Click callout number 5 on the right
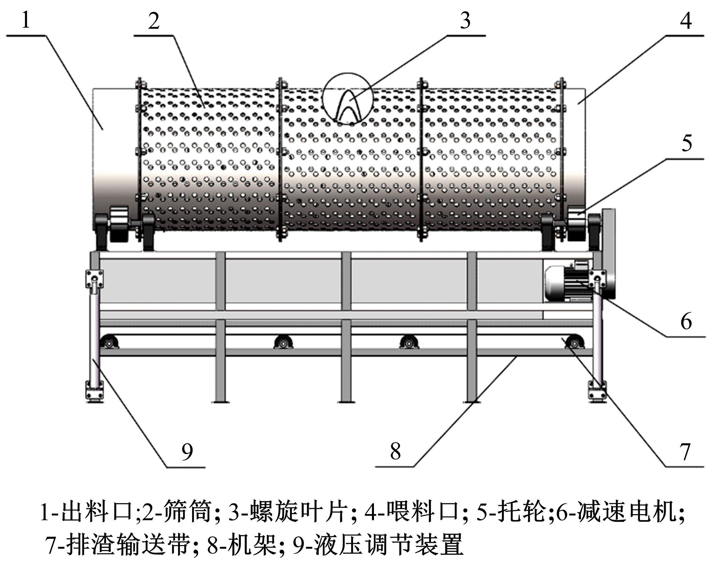[x=686, y=143]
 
